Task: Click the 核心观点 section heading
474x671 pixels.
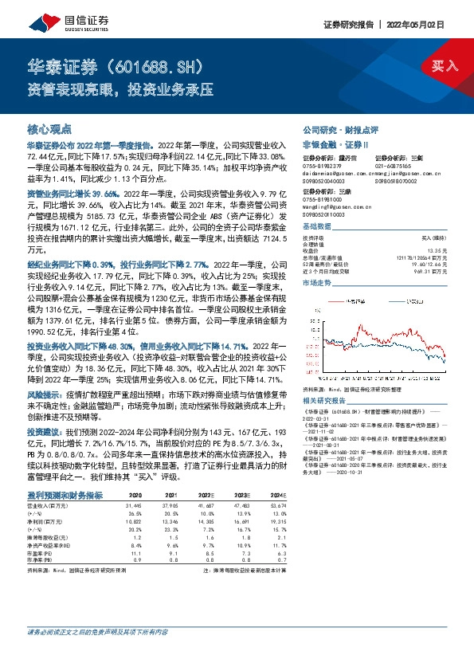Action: pos(49,128)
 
